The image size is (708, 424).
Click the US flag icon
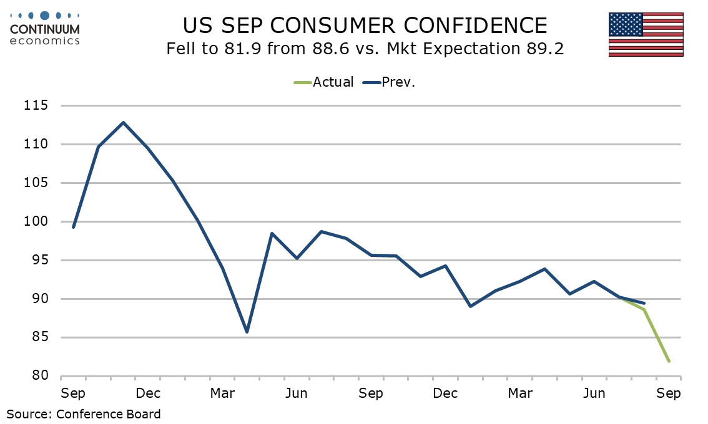646,34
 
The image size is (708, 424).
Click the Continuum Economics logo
45,29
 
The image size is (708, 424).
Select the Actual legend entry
323,82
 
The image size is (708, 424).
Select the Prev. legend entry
389,82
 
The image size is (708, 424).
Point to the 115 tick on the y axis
36,105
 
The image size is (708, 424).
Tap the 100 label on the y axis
36,221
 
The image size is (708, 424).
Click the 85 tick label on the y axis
39,337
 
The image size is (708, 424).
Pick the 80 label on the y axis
39,376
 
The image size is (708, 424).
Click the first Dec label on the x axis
148,393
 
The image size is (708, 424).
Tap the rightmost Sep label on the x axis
668,393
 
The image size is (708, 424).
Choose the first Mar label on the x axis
222,393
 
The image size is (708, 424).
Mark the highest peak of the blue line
123,122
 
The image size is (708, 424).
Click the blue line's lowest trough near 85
247,332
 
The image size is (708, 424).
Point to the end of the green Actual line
669,361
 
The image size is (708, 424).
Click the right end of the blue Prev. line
644,303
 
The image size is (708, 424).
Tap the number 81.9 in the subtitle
242,49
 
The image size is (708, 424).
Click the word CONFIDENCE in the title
476,26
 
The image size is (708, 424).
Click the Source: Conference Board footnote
84,414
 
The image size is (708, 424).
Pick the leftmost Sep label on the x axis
73,393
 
